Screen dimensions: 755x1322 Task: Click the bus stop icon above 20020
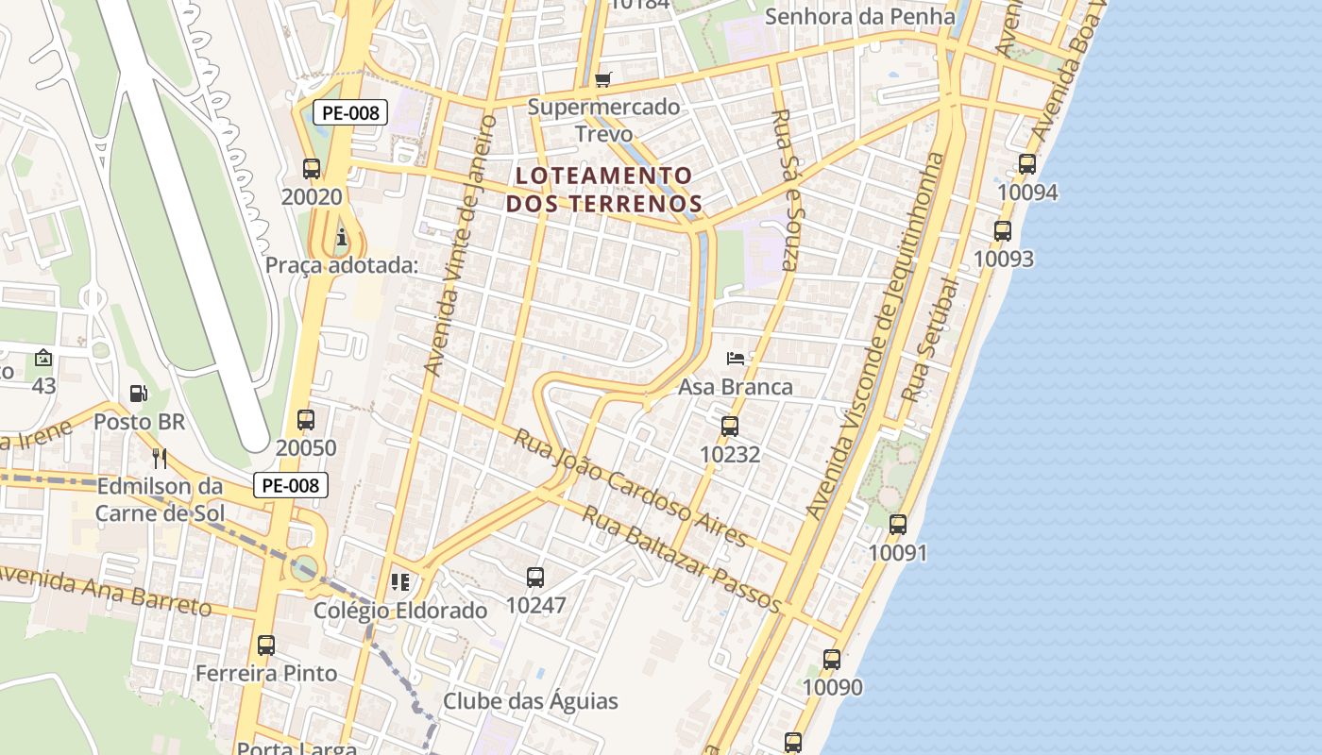[x=312, y=169]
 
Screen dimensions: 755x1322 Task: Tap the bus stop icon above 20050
[x=305, y=420]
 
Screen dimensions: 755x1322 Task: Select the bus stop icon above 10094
[x=1027, y=164]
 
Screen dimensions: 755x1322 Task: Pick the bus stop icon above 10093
[x=1003, y=230]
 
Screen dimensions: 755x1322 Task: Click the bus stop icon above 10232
[x=730, y=426]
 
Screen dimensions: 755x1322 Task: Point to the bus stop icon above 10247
[x=535, y=577]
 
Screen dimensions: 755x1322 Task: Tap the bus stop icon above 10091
[x=898, y=525]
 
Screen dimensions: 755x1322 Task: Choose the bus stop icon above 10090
[x=832, y=659]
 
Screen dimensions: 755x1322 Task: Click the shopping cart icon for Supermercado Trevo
[x=603, y=79]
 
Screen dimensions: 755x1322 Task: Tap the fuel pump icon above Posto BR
[x=139, y=394]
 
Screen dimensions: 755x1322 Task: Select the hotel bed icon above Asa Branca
[x=736, y=359]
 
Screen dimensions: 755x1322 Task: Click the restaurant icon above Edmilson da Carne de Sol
[x=160, y=459]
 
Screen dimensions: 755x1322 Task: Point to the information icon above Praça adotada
[x=341, y=237]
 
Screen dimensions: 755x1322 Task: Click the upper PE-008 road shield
[x=349, y=113]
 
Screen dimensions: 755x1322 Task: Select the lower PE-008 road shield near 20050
[x=291, y=485]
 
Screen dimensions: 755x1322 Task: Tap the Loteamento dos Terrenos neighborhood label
[x=604, y=189]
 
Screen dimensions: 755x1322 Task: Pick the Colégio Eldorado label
[x=400, y=611]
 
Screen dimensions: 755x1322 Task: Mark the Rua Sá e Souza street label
[x=785, y=189]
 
